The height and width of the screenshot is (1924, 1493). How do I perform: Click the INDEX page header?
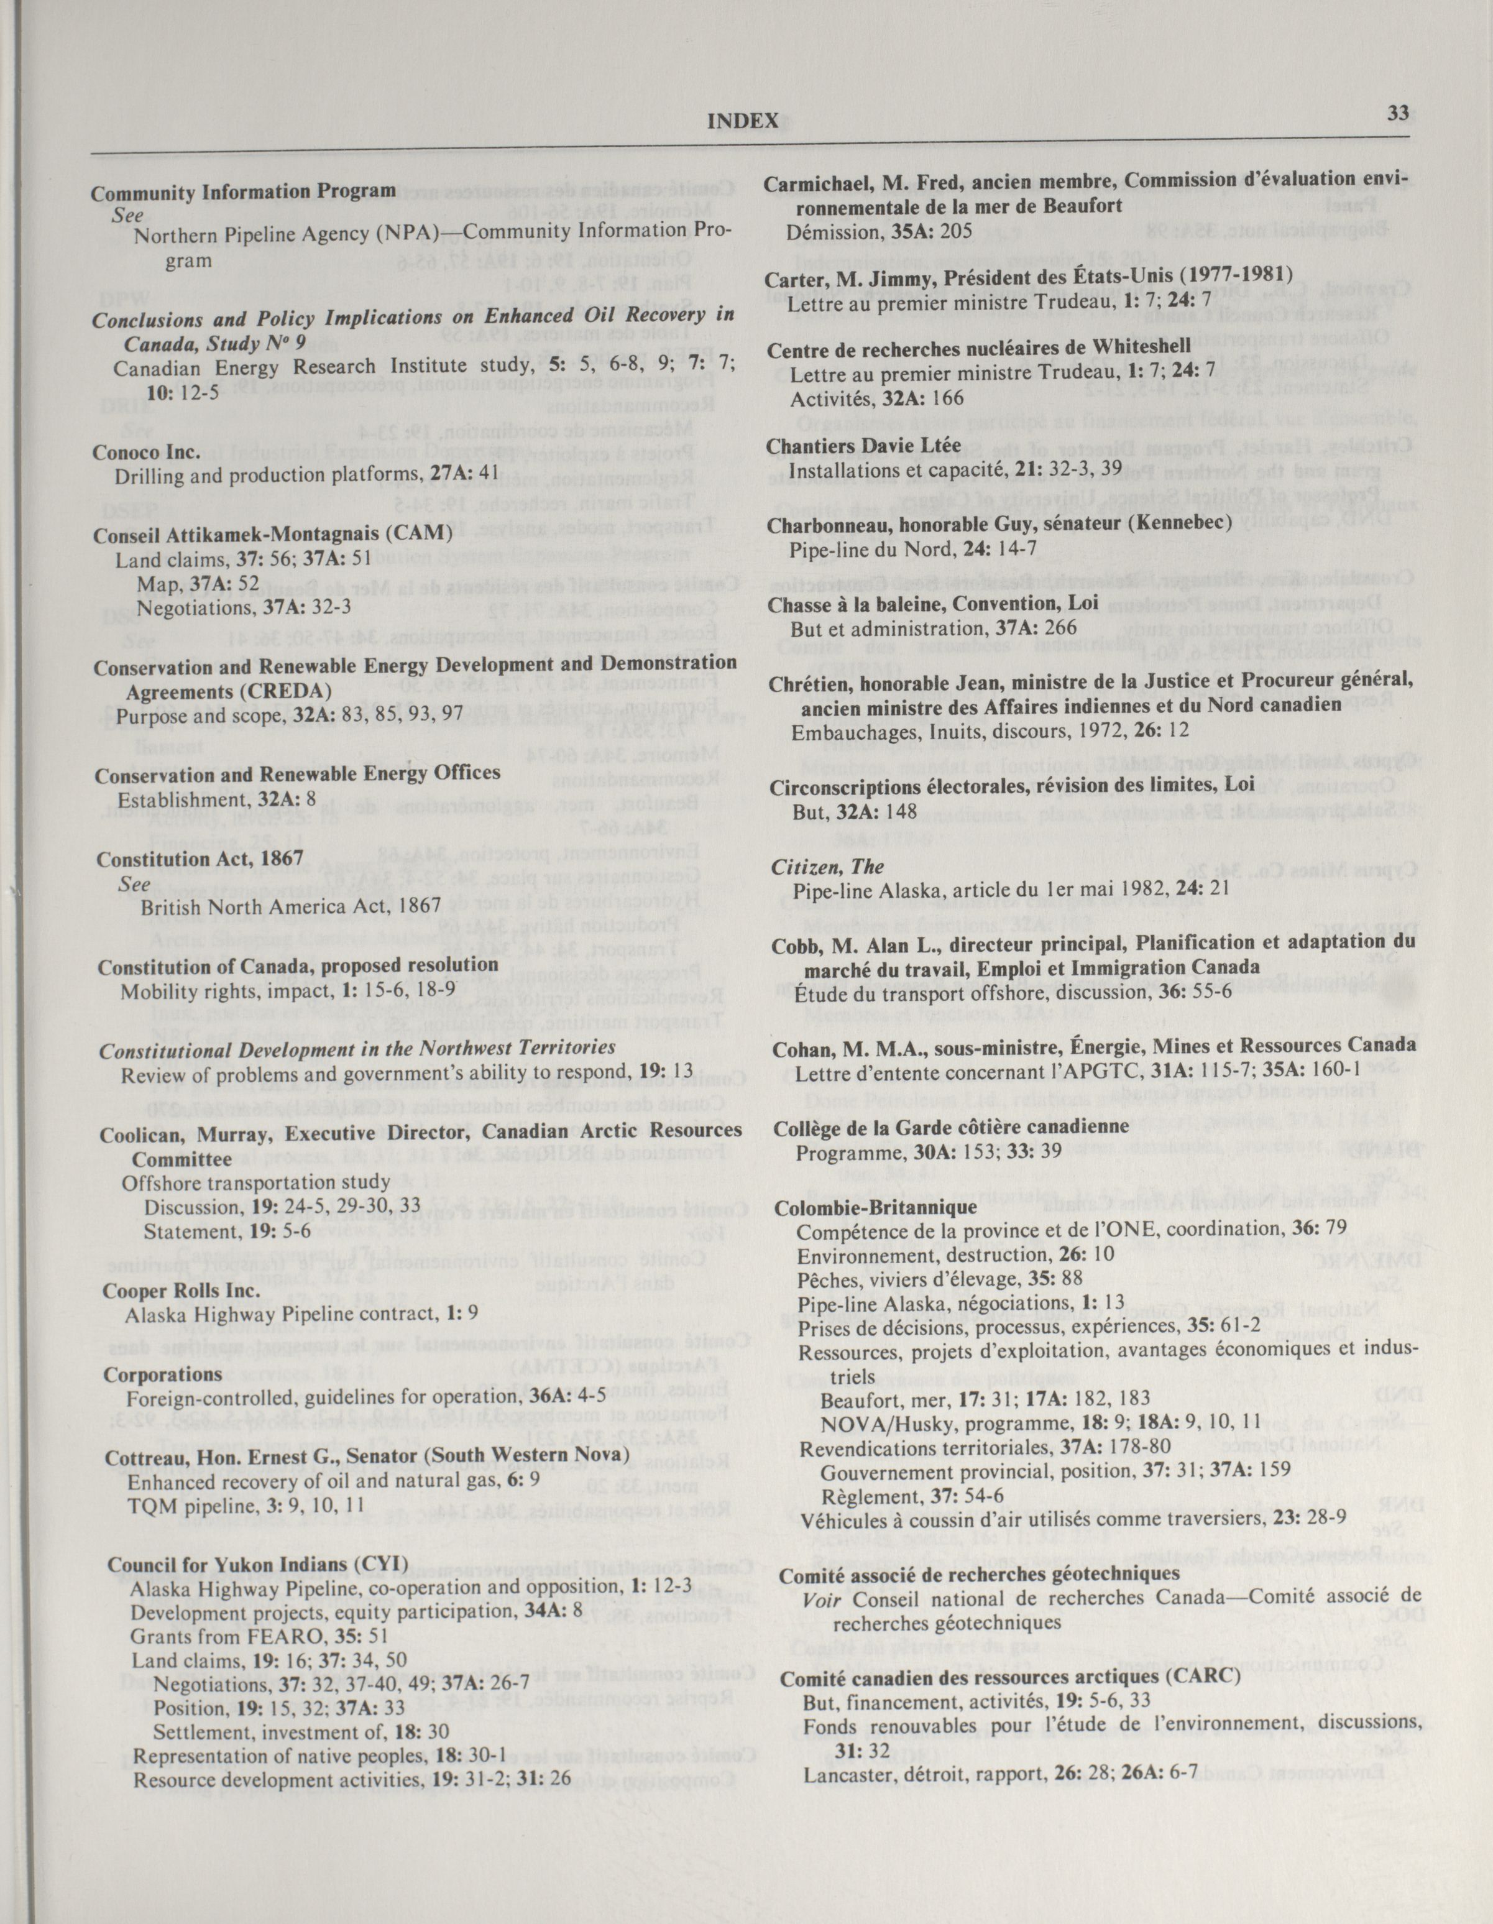coord(743,121)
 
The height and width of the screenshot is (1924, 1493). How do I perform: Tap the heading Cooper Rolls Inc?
coord(181,1290)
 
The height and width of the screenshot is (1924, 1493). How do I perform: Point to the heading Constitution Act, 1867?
coord(200,858)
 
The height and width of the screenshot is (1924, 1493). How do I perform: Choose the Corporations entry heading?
coord(163,1374)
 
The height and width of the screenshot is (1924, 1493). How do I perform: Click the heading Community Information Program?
coord(244,191)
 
